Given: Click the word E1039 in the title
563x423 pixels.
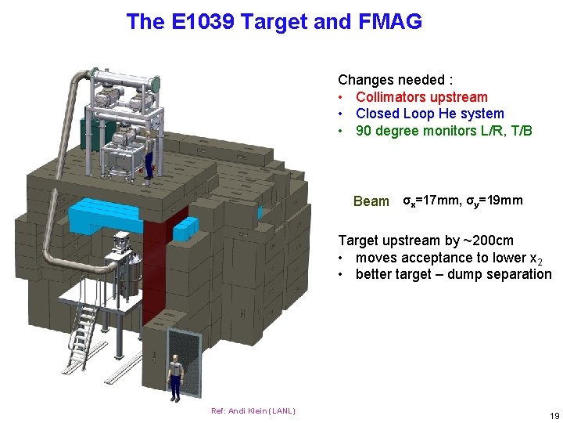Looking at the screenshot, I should [201, 22].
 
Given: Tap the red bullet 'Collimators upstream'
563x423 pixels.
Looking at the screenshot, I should [421, 97].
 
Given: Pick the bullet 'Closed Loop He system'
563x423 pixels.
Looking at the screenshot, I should [429, 114].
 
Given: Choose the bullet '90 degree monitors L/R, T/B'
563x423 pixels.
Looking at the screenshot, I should [443, 131].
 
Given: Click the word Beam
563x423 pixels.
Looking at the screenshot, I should [371, 201].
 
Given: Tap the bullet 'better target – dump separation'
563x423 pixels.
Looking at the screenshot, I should [453, 274].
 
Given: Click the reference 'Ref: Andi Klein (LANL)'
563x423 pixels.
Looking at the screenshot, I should [253, 411].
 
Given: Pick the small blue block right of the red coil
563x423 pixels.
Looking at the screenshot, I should [185, 228].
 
